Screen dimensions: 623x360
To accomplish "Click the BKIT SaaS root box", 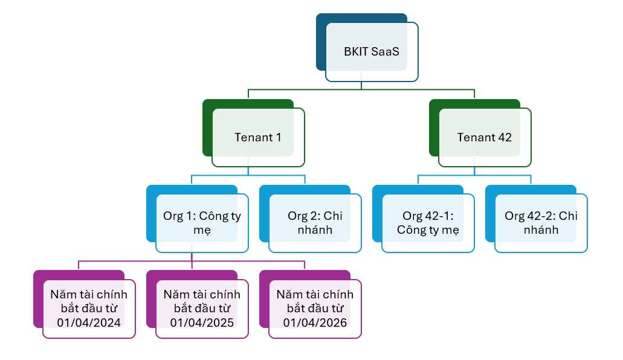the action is [x=372, y=52].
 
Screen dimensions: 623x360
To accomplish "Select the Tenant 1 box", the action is [x=258, y=138].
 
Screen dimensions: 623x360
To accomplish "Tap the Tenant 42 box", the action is [x=485, y=138].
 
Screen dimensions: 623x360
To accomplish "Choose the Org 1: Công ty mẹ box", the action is [x=202, y=223].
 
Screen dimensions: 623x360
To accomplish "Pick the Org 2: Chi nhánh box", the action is [x=315, y=223].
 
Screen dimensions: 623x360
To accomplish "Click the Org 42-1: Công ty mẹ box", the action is [x=428, y=223].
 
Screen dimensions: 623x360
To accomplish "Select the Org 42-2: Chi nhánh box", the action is [x=541, y=223].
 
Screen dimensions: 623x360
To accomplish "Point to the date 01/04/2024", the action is [x=89, y=323].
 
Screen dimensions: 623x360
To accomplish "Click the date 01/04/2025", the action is [x=202, y=323].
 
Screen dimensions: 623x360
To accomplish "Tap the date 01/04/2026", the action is [x=315, y=323].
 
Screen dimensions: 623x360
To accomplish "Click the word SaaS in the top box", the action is [x=385, y=52].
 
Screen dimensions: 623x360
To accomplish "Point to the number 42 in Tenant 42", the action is [x=505, y=138].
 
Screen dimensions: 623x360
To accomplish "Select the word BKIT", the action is [x=356, y=52].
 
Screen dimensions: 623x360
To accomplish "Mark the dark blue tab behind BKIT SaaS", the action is [x=321, y=42].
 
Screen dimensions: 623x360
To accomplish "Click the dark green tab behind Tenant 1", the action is [x=207, y=127].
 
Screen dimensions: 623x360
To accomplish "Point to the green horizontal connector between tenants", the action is [x=361, y=90].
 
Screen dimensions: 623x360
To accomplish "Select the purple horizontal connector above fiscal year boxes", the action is [x=192, y=261].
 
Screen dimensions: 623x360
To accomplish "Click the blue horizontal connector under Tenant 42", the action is [x=474, y=175].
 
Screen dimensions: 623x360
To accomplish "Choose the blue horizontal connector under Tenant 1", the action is [x=248, y=175].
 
